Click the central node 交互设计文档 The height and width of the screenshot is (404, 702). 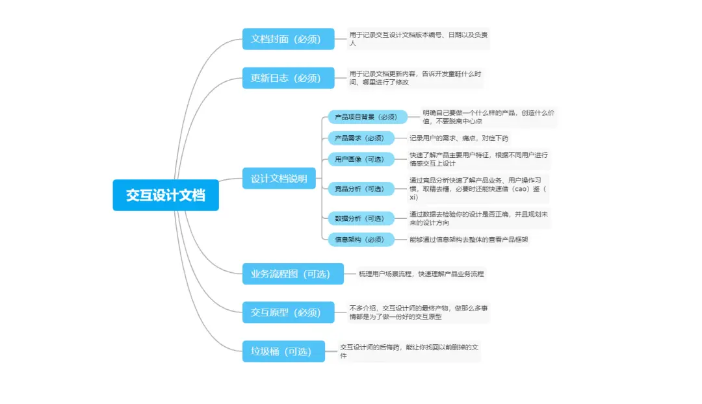click(165, 195)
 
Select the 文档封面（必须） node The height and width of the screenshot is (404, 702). click(288, 39)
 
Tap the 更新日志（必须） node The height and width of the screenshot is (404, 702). click(288, 78)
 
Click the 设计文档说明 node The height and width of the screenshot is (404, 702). click(279, 179)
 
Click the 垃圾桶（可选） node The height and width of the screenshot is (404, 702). click(283, 351)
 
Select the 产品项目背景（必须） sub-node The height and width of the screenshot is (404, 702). click(367, 117)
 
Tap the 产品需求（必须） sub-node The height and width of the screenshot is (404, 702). click(360, 138)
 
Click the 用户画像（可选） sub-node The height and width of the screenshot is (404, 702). click(360, 159)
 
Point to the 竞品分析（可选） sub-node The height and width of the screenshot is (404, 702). click(360, 189)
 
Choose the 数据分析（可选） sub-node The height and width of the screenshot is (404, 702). click(360, 219)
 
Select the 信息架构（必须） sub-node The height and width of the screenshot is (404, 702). click(360, 240)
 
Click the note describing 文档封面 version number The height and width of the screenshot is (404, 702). click(417, 39)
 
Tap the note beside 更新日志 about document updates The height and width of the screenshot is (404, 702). click(415, 78)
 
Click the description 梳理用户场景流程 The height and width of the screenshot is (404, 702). click(421, 274)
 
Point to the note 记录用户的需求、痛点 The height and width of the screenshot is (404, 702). click(459, 138)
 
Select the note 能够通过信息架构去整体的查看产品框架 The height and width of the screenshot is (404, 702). click(469, 240)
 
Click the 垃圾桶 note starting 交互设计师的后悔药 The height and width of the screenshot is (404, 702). click(409, 351)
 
